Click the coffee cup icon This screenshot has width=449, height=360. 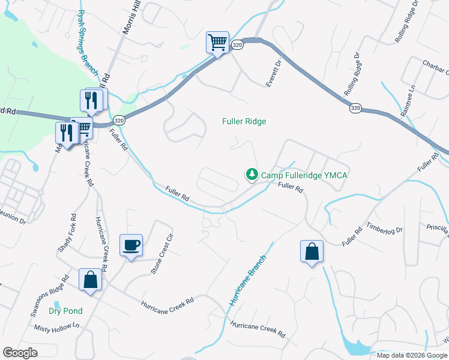[131, 245]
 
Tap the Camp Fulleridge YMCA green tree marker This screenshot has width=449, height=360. [252, 175]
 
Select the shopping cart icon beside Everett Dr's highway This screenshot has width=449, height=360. [217, 43]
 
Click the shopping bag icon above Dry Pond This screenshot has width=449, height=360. [90, 280]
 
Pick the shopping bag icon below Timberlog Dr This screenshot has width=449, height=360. [312, 251]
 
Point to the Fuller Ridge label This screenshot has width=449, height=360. [244, 121]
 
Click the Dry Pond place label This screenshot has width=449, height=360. [65, 311]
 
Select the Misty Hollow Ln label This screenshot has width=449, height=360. [57, 326]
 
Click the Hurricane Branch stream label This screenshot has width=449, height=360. [247, 277]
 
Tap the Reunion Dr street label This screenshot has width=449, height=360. [13, 220]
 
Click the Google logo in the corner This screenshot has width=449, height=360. [20, 353]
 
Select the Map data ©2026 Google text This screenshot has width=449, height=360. [411, 355]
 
